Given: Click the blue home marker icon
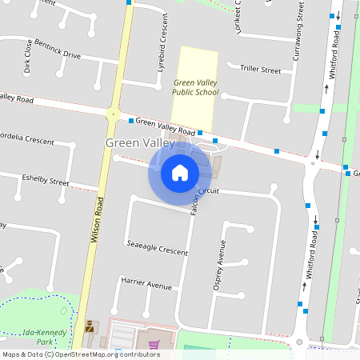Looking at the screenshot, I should [180, 172].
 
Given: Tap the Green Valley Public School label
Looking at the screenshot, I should [195, 87].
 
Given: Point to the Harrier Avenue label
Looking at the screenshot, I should [146, 284].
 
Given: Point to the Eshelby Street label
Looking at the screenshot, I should [46, 181].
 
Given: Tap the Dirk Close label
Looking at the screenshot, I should [28, 57].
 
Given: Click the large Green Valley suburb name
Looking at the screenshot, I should [140, 142].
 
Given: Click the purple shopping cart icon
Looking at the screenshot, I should [154, 345].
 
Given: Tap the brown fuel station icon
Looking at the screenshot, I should [90, 326].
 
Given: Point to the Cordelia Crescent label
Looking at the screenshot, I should [27, 138].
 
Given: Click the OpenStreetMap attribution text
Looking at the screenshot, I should [81, 354].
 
